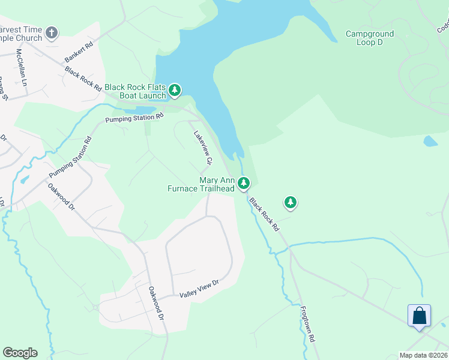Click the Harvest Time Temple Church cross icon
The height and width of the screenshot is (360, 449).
(x=52, y=32)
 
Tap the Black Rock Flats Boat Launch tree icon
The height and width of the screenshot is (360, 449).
(x=175, y=91)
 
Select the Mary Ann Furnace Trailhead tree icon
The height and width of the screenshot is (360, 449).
(x=243, y=183)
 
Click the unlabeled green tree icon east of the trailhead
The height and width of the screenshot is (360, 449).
(x=291, y=202)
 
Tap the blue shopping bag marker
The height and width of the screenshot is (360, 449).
(x=419, y=316)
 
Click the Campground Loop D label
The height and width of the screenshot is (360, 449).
(x=370, y=38)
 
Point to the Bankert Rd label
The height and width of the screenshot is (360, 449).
(x=79, y=53)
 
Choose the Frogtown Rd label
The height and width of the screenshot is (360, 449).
(x=308, y=322)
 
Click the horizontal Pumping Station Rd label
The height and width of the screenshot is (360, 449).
(x=134, y=118)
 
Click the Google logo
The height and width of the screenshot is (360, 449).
(x=20, y=353)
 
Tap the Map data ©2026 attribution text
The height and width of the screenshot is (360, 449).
(x=423, y=355)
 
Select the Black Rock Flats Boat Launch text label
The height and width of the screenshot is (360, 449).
(x=135, y=91)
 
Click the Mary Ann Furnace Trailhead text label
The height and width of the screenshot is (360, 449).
(x=201, y=184)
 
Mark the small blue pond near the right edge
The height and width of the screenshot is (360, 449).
(x=430, y=142)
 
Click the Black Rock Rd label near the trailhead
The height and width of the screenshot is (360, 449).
(x=264, y=215)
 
